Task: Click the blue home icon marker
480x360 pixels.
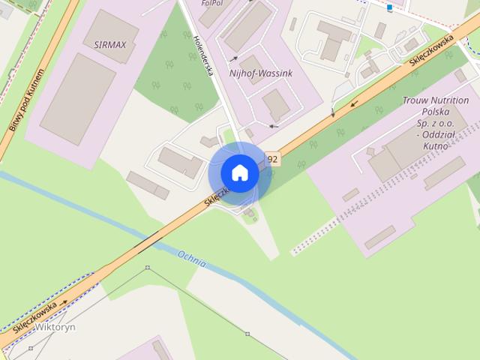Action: point(239,172)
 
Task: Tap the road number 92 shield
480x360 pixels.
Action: point(271,159)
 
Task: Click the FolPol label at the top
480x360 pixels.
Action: point(212,4)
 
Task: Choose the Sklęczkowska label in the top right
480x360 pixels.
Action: point(433,52)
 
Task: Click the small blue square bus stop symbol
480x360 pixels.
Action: point(390,8)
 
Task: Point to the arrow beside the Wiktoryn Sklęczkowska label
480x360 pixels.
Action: point(64,303)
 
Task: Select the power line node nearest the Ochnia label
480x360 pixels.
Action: point(148,268)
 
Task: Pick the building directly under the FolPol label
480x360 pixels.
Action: point(248,26)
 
